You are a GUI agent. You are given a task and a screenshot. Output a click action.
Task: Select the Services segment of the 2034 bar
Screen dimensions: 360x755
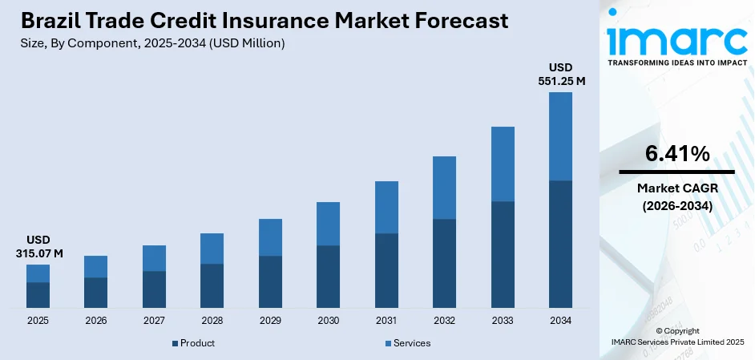click(x=560, y=136)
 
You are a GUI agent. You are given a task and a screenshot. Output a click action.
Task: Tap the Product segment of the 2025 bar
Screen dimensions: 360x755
click(x=38, y=295)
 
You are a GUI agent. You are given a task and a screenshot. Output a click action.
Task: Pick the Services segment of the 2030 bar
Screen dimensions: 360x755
click(x=328, y=224)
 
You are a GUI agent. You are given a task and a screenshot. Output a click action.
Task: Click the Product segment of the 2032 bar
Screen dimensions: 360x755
click(x=444, y=263)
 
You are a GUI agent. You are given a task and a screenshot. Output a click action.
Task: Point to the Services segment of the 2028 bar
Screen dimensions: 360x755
click(x=212, y=249)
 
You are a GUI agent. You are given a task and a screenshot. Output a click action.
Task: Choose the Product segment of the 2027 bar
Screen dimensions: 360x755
click(x=154, y=289)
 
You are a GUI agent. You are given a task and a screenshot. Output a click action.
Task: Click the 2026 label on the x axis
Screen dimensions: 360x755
click(x=95, y=321)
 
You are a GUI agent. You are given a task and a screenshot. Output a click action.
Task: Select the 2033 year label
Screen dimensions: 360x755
click(x=502, y=321)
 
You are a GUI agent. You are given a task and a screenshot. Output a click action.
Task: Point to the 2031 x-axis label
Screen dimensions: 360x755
click(x=386, y=321)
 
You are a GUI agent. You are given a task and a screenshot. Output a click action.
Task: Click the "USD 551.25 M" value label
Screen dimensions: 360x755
click(x=560, y=74)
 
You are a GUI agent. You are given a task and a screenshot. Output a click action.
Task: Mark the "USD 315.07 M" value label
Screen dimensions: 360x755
click(x=38, y=247)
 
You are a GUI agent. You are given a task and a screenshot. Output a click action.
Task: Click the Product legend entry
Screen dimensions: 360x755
click(x=192, y=343)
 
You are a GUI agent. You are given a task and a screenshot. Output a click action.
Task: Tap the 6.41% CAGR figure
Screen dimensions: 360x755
click(x=676, y=154)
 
